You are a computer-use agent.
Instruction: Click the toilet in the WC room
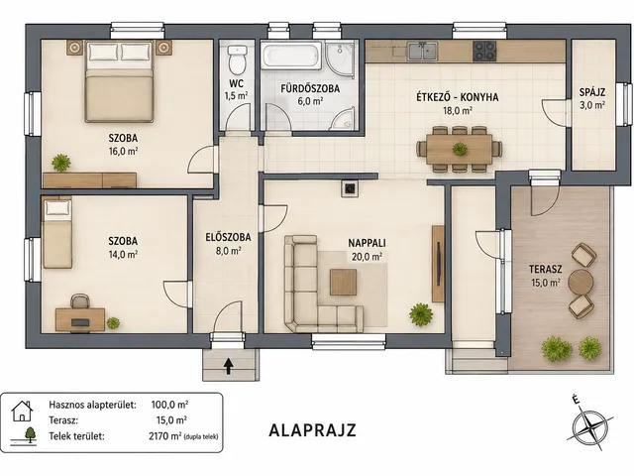pyautogui.click(x=237, y=59)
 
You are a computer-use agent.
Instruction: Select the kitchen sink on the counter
pyautogui.click(x=423, y=52)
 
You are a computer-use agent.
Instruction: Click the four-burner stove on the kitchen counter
pyautogui.click(x=484, y=51)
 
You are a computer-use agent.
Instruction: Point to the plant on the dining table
pyautogui.click(x=460, y=149)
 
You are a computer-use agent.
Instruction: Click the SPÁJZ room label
pyautogui.click(x=592, y=92)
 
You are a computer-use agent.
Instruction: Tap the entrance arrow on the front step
pyautogui.click(x=229, y=366)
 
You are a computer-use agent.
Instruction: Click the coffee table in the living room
pyautogui.click(x=344, y=282)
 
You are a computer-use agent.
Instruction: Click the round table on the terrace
pyautogui.click(x=581, y=282)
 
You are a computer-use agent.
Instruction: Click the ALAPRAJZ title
pyautogui.click(x=313, y=430)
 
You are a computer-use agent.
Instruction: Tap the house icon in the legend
pyautogui.click(x=22, y=411)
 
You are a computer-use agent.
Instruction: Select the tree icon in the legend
pyautogui.click(x=30, y=434)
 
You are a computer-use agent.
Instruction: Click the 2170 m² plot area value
pyautogui.click(x=165, y=436)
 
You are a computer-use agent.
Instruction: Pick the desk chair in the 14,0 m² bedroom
pyautogui.click(x=80, y=301)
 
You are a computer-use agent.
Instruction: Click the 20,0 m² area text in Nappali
pyautogui.click(x=367, y=257)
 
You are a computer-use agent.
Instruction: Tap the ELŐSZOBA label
pyautogui.click(x=228, y=237)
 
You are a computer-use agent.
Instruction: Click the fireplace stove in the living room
pyautogui.click(x=350, y=188)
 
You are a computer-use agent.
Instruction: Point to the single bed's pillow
pyautogui.click(x=57, y=208)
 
